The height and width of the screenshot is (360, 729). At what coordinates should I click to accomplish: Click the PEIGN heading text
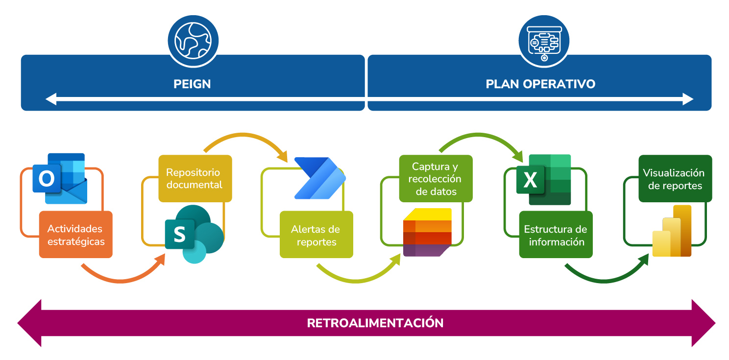click(x=192, y=84)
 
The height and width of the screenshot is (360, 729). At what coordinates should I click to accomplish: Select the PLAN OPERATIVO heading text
click(x=540, y=84)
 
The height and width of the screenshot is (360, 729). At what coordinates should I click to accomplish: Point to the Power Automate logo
click(x=319, y=178)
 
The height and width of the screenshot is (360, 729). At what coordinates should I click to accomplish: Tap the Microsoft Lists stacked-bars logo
click(x=427, y=232)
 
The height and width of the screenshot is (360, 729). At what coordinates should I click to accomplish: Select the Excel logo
click(x=544, y=179)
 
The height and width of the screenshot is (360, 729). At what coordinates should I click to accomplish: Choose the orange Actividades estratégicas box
click(x=76, y=235)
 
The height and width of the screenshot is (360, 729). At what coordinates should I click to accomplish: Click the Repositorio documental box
click(x=195, y=178)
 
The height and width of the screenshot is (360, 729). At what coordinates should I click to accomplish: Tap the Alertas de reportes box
click(x=316, y=235)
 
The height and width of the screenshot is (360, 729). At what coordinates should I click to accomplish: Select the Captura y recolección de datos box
click(x=436, y=178)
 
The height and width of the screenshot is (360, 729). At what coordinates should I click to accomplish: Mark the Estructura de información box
click(x=556, y=235)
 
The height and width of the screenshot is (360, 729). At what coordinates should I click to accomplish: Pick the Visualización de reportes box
click(x=675, y=178)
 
